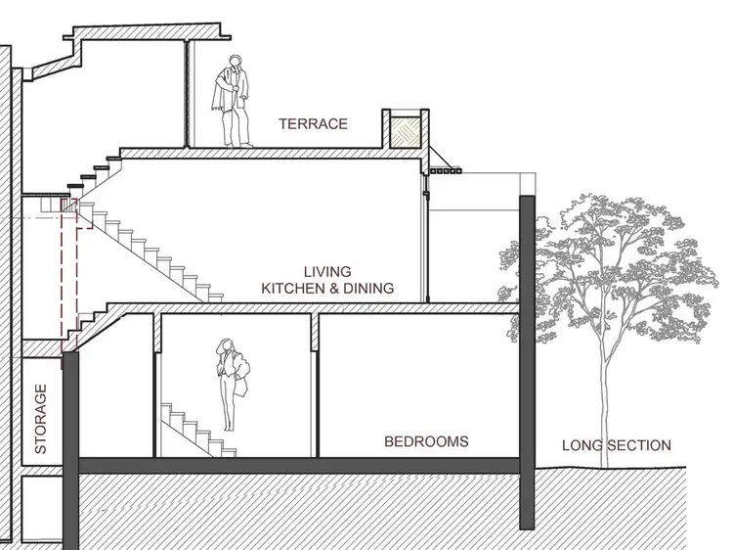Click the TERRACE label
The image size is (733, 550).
[x=313, y=124]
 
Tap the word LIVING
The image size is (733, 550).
[x=326, y=271]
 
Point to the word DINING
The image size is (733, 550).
[x=366, y=288]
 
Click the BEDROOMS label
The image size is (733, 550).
[x=425, y=441]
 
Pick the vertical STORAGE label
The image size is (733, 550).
[x=41, y=419]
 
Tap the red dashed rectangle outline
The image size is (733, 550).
[x=70, y=274]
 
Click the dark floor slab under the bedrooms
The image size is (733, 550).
[x=293, y=466]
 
